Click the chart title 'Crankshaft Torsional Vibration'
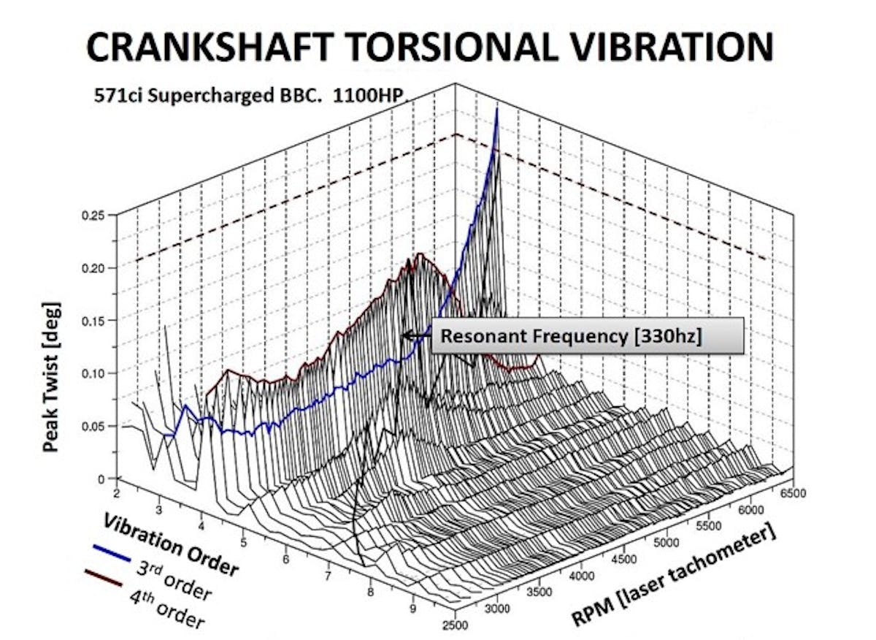coord(429,49)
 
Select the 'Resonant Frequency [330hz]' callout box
coord(587,337)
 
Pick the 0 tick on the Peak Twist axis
coord(102,479)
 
